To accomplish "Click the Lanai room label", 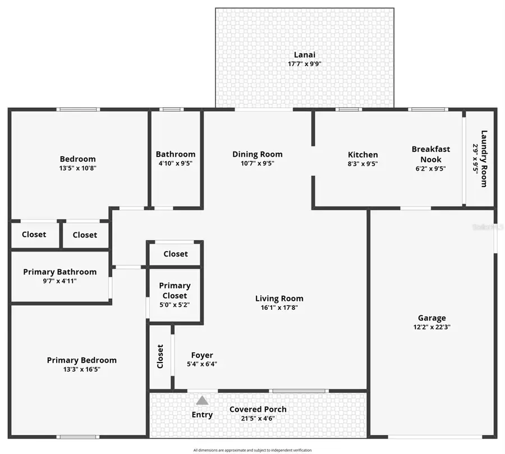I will (304, 54).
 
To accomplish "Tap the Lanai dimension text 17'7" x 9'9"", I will (304, 64).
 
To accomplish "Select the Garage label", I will (431, 318).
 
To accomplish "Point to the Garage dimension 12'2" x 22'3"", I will (431, 327).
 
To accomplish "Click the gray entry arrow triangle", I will (202, 400).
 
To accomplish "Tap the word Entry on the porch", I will (202, 415).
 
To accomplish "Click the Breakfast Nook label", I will (430, 154).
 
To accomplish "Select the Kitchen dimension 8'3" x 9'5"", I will (362, 164).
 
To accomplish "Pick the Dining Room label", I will (257, 154).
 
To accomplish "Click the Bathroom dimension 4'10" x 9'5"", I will (176, 164).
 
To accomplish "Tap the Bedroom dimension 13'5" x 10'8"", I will (77, 168).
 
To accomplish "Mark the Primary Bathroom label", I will (59, 272).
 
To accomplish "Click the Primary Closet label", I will (175, 291).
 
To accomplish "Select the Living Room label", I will (279, 299).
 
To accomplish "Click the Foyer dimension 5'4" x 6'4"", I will (202, 364).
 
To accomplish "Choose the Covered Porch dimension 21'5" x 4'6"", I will (258, 418).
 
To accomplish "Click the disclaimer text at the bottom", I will (252, 450).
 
